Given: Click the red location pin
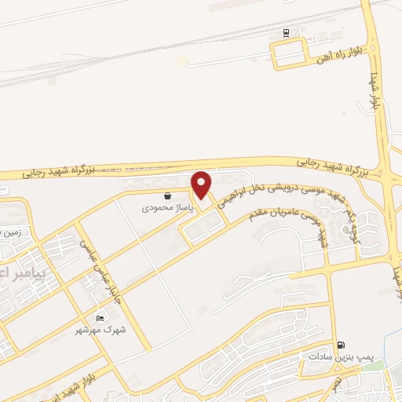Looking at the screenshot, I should pos(202,185).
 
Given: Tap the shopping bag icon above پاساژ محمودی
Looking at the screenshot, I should pos(166,196).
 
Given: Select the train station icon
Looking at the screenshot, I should pos(287,33).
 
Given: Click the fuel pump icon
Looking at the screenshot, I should pos(340,344).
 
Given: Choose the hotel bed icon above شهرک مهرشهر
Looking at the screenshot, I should pos(100,318).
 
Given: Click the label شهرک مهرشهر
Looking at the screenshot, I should pos(100,331).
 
